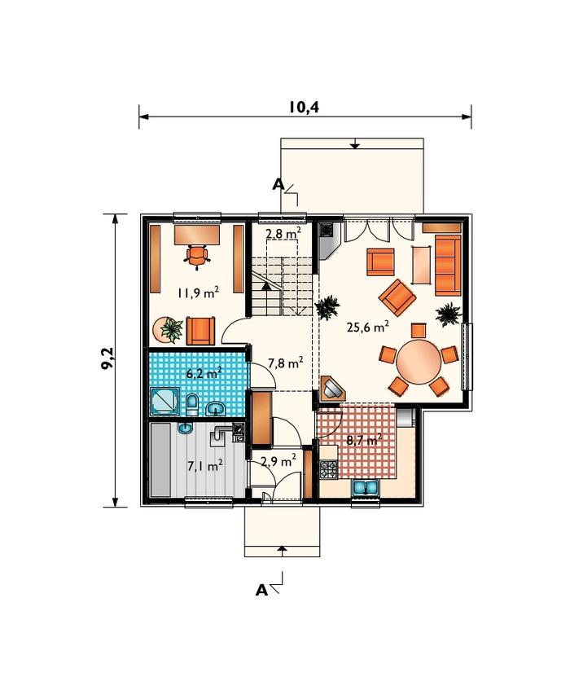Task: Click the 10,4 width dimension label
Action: point(304,108)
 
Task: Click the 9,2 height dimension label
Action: point(107,358)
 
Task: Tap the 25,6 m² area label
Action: point(368,328)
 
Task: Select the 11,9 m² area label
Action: point(199,293)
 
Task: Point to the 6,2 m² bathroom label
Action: point(204,373)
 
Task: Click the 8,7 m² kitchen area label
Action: point(364,440)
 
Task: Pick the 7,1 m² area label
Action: point(205,466)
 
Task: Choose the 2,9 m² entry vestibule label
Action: point(278,460)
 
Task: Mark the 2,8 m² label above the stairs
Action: point(283,233)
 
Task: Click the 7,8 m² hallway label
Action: point(286,363)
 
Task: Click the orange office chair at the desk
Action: point(197,257)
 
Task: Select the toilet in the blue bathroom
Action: point(192,404)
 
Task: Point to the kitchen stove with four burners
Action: point(329,469)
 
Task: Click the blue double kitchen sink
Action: point(366,487)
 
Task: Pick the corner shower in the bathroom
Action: point(164,401)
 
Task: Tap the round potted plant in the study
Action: point(169,330)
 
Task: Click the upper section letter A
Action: point(278,184)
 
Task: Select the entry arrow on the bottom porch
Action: point(282,549)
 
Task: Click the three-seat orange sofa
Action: point(447,266)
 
